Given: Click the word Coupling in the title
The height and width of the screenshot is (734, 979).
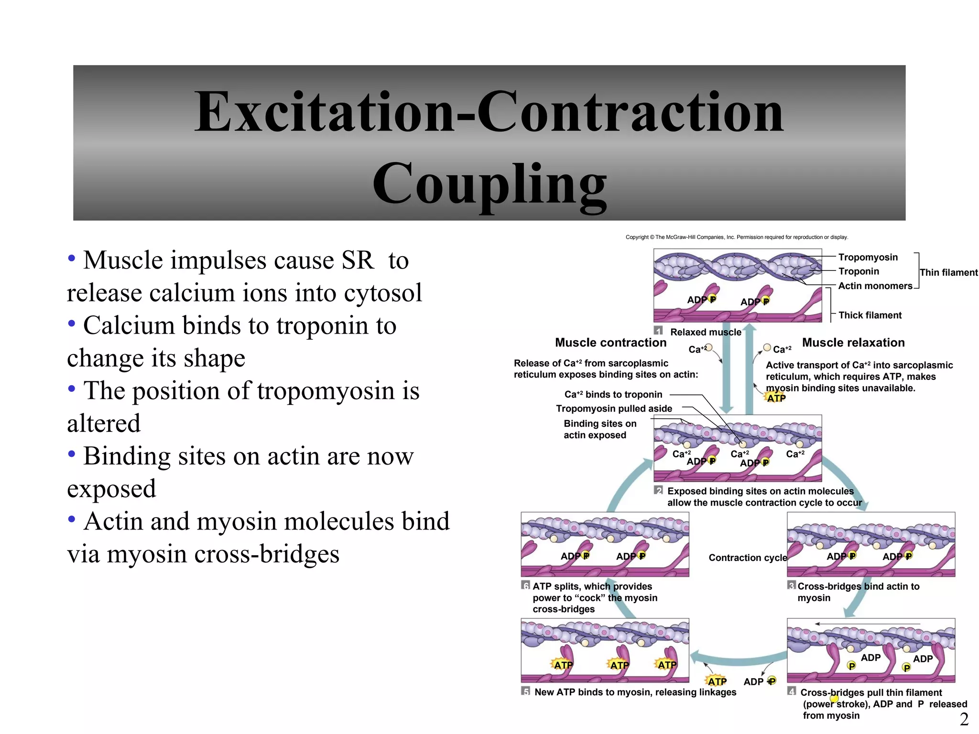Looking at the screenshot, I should point(489,184).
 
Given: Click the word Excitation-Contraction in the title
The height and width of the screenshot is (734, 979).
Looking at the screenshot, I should point(489,112).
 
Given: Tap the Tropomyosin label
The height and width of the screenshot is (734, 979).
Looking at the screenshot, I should point(868,257).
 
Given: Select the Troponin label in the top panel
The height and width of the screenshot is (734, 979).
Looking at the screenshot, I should point(859,271).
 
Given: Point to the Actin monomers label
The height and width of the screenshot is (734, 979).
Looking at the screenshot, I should point(875,286).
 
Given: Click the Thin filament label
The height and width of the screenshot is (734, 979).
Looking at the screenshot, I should point(948,272).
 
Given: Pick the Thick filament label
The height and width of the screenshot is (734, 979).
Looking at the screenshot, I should point(870,315).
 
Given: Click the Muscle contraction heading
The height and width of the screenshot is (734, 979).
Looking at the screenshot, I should point(610,343).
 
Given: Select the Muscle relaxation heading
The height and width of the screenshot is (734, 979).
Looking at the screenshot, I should point(853,343).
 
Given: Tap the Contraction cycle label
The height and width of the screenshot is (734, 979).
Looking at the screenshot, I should point(748,558).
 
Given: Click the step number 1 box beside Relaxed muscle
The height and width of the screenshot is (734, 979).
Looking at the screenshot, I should point(658,331).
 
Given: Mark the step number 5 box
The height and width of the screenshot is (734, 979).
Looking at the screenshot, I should point(526,691).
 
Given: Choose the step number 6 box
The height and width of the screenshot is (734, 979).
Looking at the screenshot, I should point(526,585).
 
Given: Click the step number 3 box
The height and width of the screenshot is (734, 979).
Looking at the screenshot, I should point(792,585).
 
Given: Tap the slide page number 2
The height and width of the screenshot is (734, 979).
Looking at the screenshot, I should point(964,719).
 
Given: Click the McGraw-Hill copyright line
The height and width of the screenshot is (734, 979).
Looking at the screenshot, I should point(737,237).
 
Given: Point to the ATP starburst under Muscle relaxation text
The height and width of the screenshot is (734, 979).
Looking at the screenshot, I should point(776,398).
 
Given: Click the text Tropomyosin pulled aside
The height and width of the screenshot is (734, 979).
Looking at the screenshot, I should point(614,409).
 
